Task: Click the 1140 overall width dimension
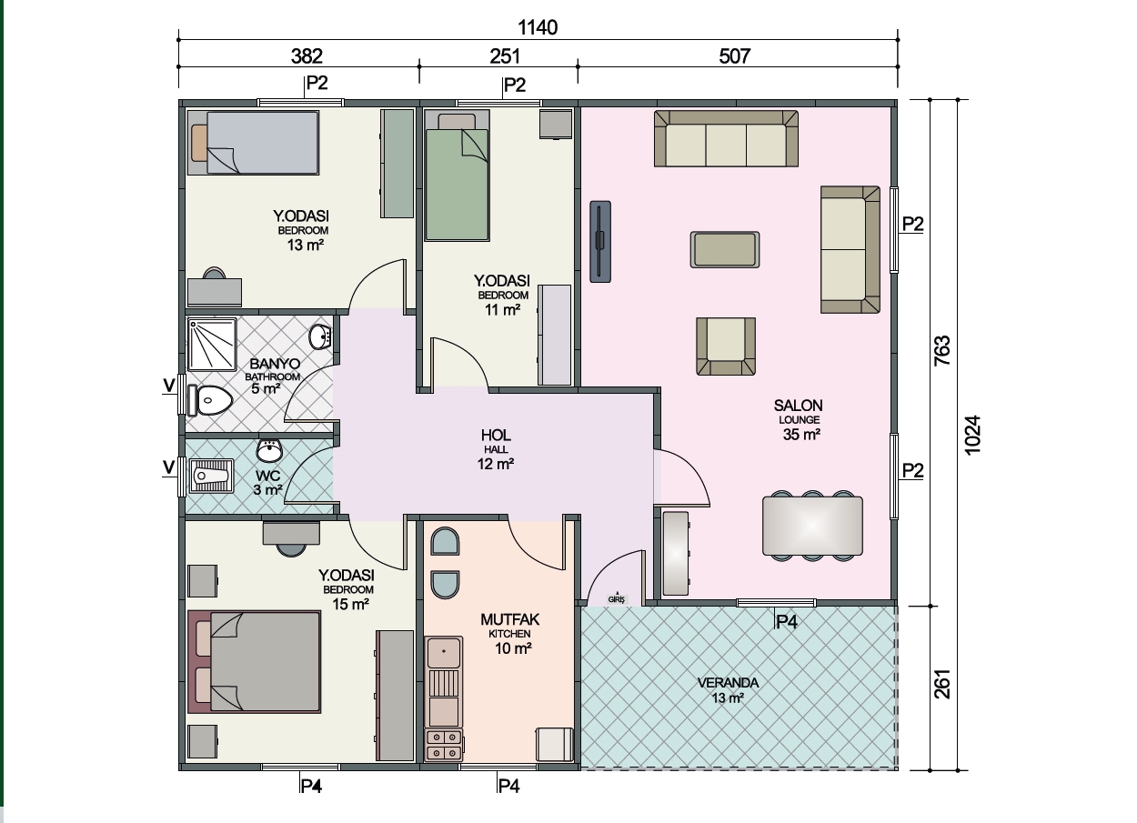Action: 538,27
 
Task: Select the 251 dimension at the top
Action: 505,55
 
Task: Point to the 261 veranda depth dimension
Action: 941,684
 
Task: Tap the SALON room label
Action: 798,406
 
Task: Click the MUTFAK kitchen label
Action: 509,619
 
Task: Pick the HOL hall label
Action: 496,436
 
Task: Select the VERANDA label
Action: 728,683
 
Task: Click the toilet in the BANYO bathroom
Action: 209,400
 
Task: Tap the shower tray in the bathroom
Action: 212,345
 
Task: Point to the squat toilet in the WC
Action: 211,476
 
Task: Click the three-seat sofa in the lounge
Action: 726,138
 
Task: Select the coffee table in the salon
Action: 725,250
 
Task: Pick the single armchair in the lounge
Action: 726,346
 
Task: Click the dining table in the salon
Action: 812,526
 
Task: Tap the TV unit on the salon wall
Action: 600,242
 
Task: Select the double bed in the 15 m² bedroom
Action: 255,662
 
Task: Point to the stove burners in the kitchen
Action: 444,745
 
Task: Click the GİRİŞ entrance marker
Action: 616,599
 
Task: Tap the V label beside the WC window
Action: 169,467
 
